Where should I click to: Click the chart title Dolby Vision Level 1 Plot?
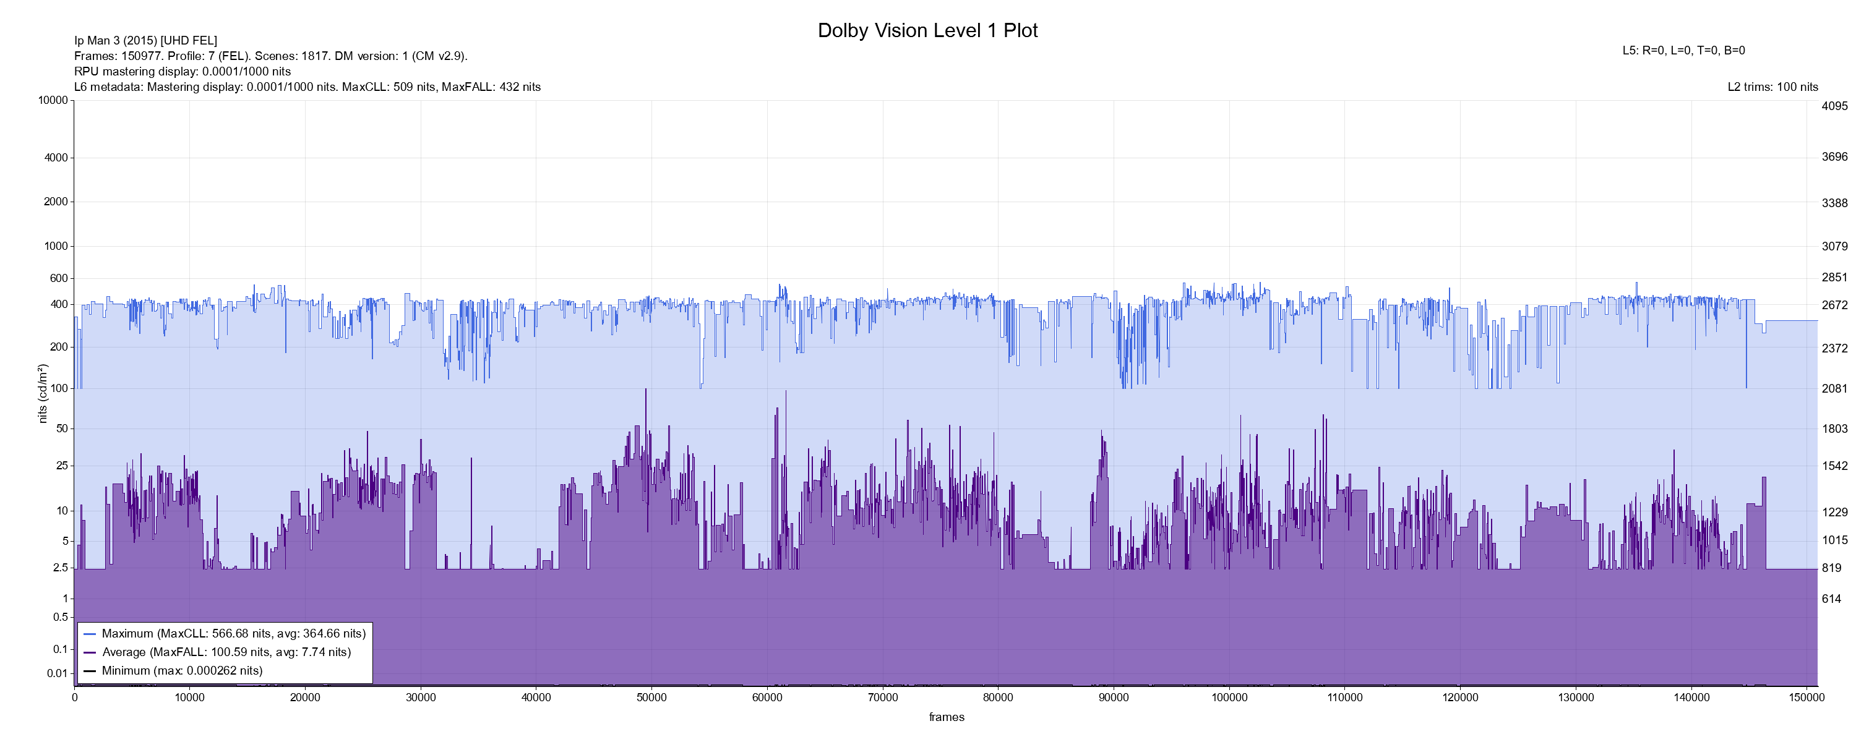927,30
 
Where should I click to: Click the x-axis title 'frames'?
946,717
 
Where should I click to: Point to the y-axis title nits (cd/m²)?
43,393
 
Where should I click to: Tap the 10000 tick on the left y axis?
53,100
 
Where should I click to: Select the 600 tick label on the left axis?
58,278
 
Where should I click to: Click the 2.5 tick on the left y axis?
61,568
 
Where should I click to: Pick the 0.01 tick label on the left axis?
57,673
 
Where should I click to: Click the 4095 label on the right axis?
1834,106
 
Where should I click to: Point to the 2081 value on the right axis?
1834,388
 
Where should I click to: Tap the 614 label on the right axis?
1831,599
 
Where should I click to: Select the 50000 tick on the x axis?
651,697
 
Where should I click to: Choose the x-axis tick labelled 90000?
1113,697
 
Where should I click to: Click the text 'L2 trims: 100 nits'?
1772,87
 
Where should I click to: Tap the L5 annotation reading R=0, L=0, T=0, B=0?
1683,51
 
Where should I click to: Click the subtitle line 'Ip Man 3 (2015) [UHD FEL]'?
145,40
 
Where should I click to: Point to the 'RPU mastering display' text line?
183,71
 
